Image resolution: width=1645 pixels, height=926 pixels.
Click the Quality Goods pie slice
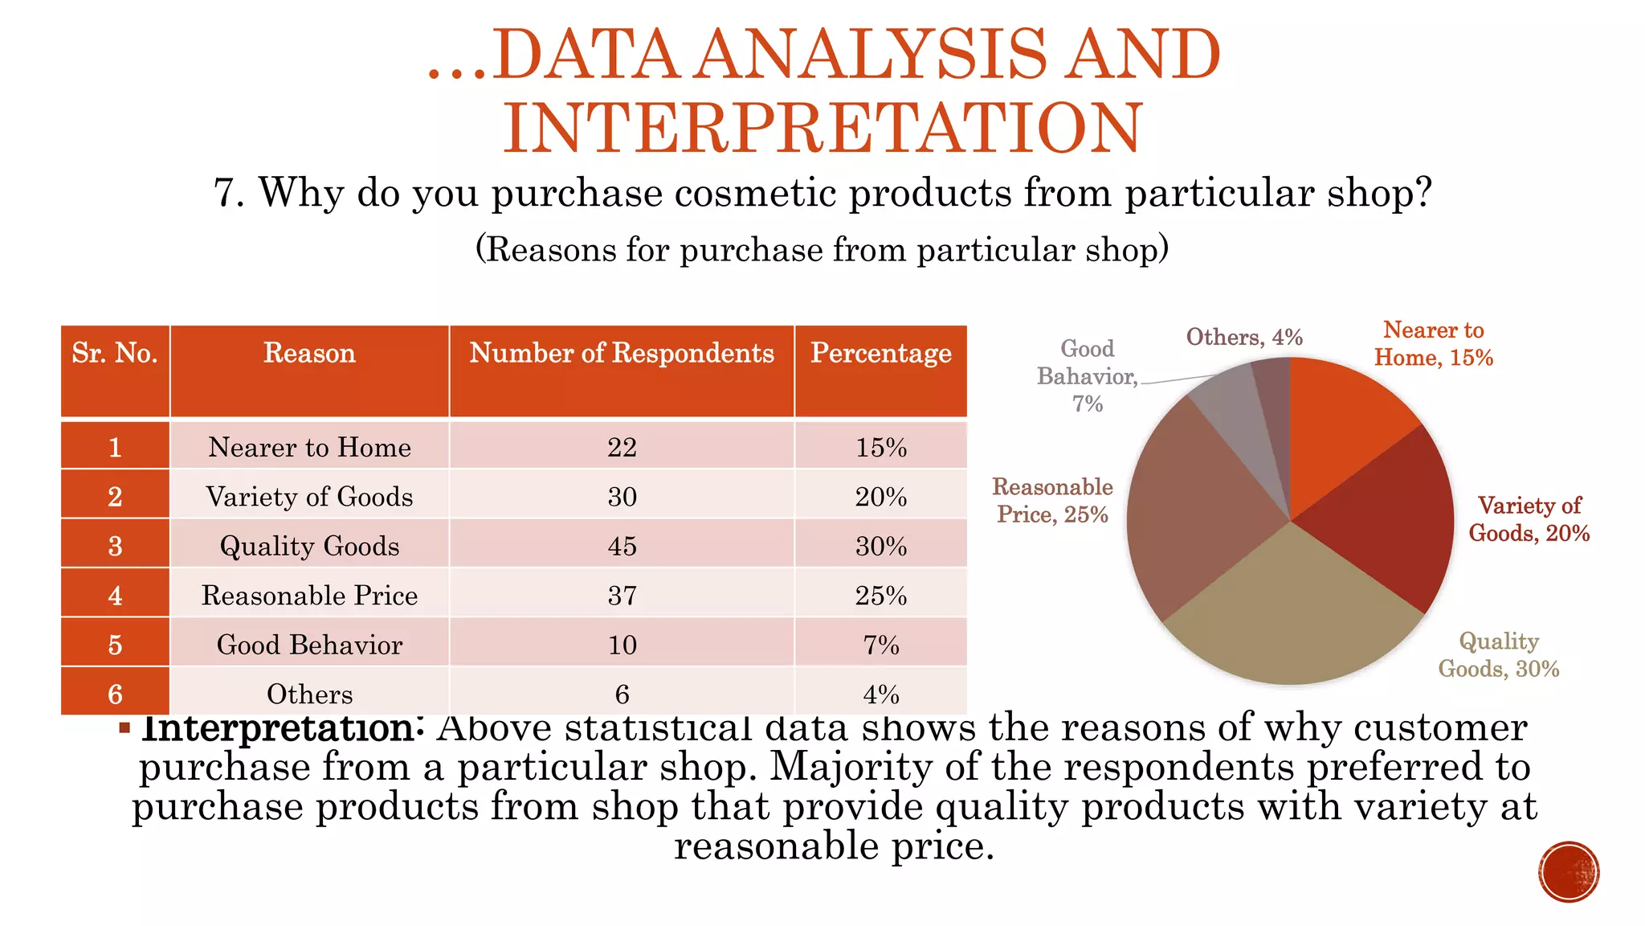pos(1293,619)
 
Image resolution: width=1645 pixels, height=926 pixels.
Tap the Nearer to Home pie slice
pos(1341,418)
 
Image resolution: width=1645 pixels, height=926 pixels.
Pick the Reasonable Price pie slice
pos(1197,514)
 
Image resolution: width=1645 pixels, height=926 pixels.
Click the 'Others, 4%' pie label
pos(1244,337)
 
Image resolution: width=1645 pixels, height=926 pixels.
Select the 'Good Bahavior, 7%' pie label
pos(1088,376)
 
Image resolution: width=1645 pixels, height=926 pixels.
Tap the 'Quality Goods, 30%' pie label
pos(1498,654)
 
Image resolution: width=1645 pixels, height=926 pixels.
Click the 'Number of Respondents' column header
pos(622,354)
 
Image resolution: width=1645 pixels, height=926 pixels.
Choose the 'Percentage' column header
pos(880,354)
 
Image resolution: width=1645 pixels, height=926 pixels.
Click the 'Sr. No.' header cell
pos(115,354)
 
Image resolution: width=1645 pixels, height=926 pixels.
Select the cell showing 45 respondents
pos(622,547)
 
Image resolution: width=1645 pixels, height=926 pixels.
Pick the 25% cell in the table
pos(880,596)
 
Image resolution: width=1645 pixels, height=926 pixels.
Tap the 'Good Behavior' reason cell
pos(309,645)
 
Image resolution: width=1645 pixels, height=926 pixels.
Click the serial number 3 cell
pos(115,547)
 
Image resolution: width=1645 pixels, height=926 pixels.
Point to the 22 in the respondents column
pos(622,447)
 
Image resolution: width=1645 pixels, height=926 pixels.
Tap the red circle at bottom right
pos(1569,871)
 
